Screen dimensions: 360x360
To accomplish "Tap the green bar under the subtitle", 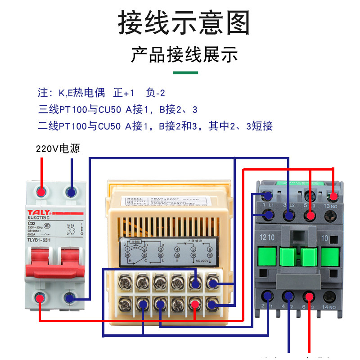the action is coord(185,72).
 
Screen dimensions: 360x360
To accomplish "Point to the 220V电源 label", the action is coord(58,148).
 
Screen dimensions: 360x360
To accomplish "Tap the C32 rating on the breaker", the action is coord(31,223).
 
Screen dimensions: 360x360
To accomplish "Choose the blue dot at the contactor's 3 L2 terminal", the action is coord(288,216).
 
